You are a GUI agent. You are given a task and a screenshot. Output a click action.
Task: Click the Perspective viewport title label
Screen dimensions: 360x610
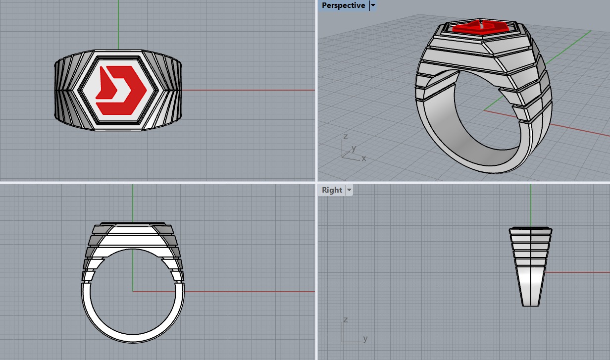(x=343, y=5)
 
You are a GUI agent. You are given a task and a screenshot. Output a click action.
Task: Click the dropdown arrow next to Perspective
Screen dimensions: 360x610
(x=373, y=5)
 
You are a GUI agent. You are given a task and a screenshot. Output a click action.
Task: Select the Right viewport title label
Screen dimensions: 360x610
(x=332, y=190)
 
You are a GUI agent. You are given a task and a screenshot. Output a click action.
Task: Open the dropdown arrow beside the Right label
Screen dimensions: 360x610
(x=349, y=190)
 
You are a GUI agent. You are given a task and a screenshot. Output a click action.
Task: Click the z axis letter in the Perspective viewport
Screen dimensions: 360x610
(x=345, y=136)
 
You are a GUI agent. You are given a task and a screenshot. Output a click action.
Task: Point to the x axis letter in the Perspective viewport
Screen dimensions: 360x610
(x=364, y=158)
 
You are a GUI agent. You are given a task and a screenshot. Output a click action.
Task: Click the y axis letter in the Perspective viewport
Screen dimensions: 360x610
(x=354, y=148)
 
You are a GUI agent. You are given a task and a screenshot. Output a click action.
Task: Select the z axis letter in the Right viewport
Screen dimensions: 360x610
(x=345, y=320)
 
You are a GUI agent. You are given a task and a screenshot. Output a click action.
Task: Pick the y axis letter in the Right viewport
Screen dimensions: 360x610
(x=365, y=339)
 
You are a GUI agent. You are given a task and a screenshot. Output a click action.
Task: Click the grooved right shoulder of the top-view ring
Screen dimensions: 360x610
(x=171, y=89)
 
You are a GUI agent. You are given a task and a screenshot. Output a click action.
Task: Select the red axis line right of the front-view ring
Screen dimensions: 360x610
(x=248, y=292)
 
